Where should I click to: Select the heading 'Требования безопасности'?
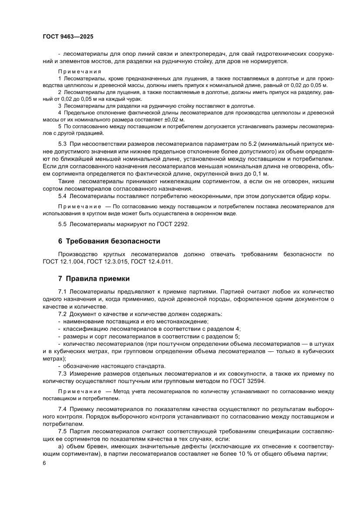113,241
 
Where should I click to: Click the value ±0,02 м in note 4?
171,119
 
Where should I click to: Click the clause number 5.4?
63,196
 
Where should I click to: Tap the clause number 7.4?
63,409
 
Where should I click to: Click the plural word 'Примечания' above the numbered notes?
80,71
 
